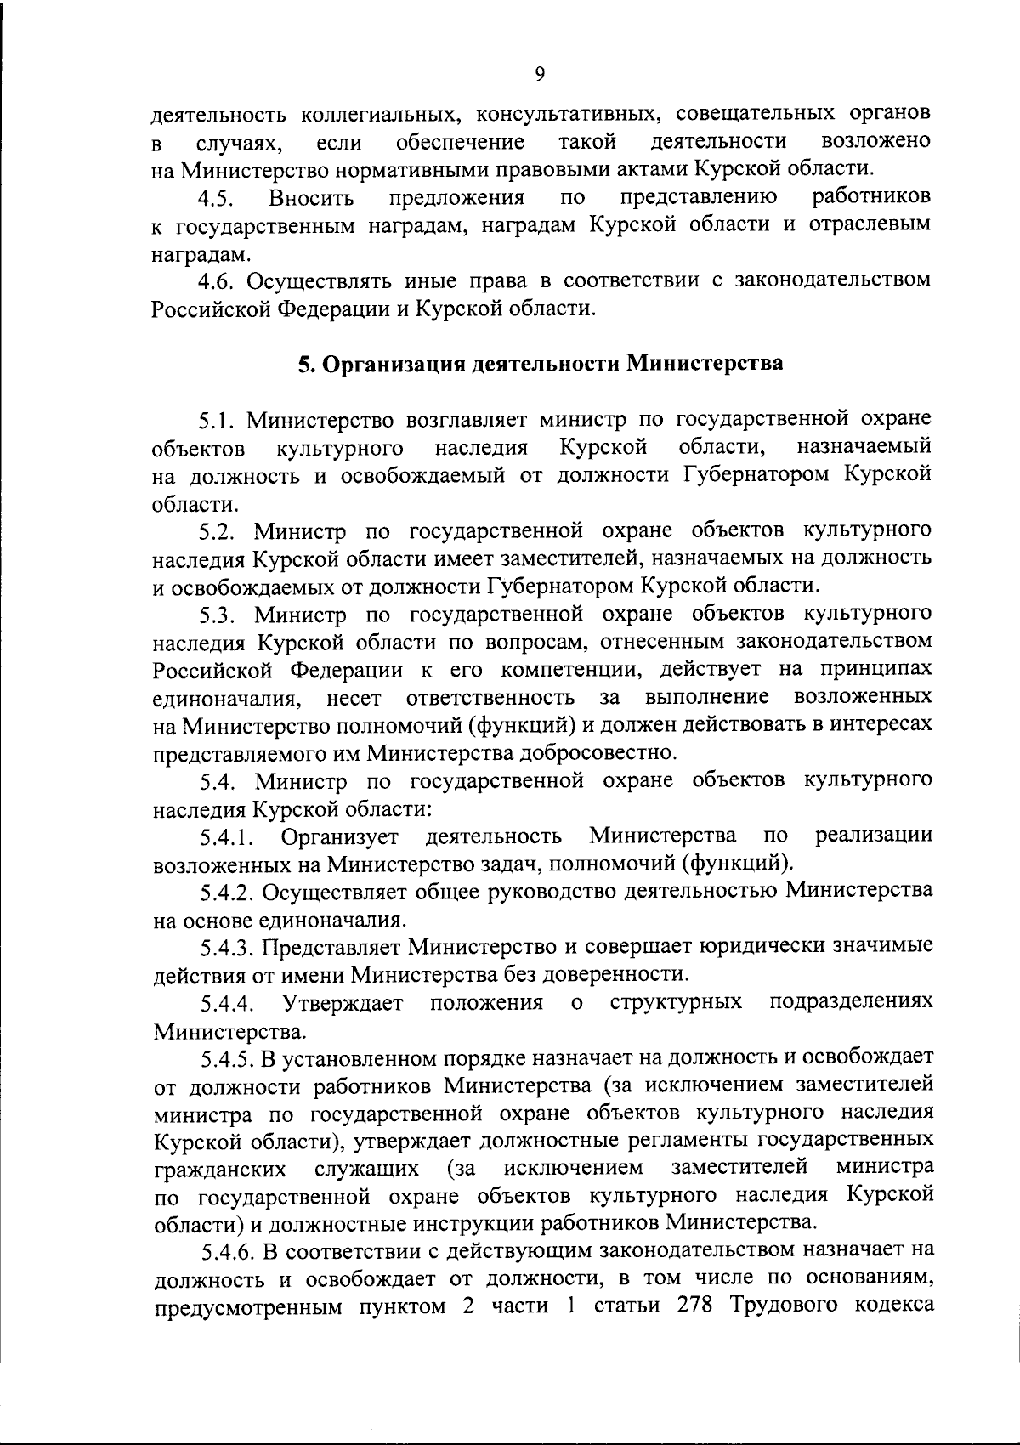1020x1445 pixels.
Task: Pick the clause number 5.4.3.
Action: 229,946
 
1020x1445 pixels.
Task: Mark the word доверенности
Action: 609,973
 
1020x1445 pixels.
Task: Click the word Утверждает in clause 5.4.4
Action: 343,1002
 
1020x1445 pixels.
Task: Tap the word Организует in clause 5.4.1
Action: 340,836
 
